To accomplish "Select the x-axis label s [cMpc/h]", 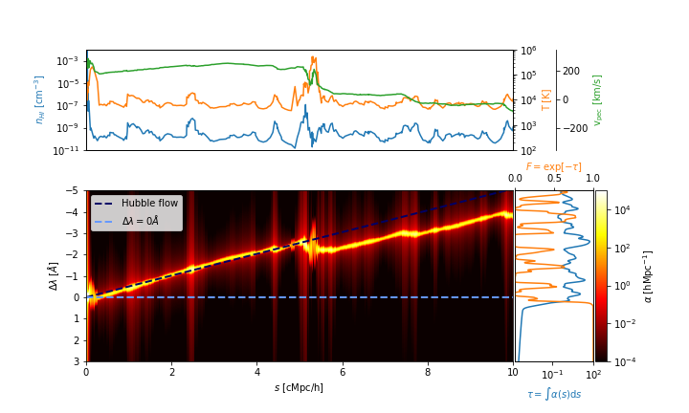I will coord(299,387).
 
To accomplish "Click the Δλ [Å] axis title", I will coord(54,275).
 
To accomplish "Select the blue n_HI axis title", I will coord(40,100).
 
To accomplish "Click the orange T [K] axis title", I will coord(546,100).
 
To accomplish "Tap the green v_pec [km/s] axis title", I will coord(598,100).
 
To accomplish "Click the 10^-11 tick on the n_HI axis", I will coord(68,150).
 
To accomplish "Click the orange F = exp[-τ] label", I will coord(553,166).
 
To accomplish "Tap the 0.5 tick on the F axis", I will coord(554,179).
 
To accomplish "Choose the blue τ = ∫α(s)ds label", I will coord(554,394).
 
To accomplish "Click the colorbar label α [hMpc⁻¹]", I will coord(648,275).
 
